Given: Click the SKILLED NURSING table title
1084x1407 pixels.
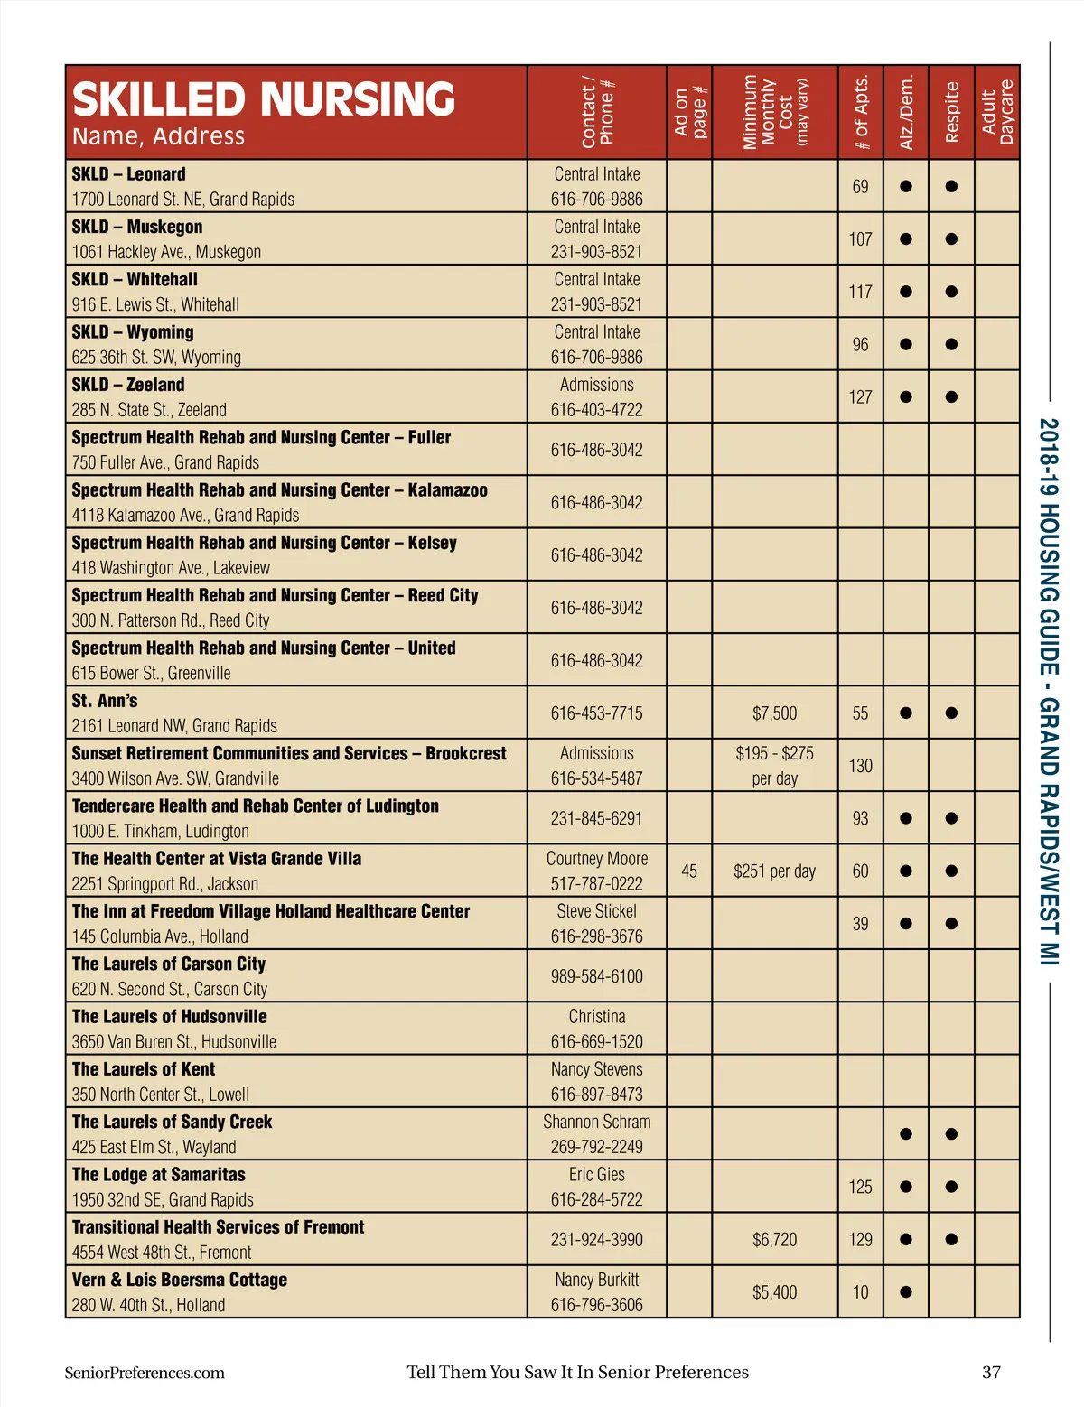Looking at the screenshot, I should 263,99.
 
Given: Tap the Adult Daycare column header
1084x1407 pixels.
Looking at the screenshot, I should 997,113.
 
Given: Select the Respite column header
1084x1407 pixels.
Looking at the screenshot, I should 951,113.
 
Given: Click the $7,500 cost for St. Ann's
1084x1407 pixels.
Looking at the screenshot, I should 774,713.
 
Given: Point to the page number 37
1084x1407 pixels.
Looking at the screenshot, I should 991,1373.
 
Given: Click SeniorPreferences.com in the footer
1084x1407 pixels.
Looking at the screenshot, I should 145,1373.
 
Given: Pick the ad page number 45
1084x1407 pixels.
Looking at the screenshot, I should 689,871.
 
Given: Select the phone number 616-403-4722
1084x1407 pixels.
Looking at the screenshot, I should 596,410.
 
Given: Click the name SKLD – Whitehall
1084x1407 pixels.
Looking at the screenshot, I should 135,280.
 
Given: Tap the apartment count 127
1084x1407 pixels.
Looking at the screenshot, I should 860,397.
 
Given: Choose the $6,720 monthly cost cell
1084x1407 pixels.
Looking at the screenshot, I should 774,1240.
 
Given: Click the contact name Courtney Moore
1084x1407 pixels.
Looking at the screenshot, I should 596,859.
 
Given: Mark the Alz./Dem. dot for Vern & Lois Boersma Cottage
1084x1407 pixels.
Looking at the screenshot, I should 906,1292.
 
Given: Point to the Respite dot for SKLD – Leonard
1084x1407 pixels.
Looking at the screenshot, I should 951,187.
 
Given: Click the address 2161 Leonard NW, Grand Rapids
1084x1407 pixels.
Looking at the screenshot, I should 174,726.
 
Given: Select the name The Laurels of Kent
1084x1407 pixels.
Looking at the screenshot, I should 144,1069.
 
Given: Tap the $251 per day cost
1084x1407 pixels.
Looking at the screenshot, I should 774,871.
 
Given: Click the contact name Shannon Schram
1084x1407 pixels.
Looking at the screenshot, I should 596,1122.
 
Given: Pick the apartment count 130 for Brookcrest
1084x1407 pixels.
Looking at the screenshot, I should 860,766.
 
